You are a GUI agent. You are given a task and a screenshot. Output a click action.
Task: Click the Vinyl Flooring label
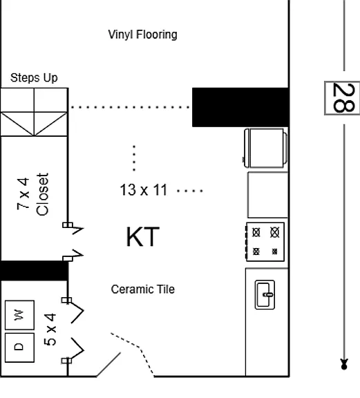(142, 35)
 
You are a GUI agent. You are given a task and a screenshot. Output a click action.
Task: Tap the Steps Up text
(34, 77)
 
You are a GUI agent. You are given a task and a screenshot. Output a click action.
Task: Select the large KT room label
(143, 237)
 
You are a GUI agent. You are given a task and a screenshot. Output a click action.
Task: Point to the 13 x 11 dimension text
(144, 190)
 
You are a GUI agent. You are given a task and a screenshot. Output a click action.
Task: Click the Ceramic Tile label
(143, 290)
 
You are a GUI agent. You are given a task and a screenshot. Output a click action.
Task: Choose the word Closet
(42, 194)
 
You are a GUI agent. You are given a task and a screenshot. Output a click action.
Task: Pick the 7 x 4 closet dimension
(23, 194)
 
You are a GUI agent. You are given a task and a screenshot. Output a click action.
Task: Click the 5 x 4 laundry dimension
(50, 330)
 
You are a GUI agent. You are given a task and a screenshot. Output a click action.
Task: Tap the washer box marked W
(20, 315)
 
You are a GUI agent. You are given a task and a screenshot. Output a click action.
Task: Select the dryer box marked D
(20, 348)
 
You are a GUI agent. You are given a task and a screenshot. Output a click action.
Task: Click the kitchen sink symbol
(265, 294)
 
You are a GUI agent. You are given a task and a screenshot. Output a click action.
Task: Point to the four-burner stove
(265, 242)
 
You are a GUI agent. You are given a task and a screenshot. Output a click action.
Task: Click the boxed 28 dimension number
(342, 98)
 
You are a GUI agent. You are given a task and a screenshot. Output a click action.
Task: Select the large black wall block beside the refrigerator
(240, 107)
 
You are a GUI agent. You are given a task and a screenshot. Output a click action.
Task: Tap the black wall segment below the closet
(34, 271)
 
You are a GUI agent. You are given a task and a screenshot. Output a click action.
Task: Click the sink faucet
(268, 294)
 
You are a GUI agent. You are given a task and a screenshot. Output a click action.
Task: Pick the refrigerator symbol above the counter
(265, 149)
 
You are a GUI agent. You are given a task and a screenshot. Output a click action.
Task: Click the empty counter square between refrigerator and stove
(268, 195)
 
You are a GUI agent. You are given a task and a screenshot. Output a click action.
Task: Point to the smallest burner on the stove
(274, 252)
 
